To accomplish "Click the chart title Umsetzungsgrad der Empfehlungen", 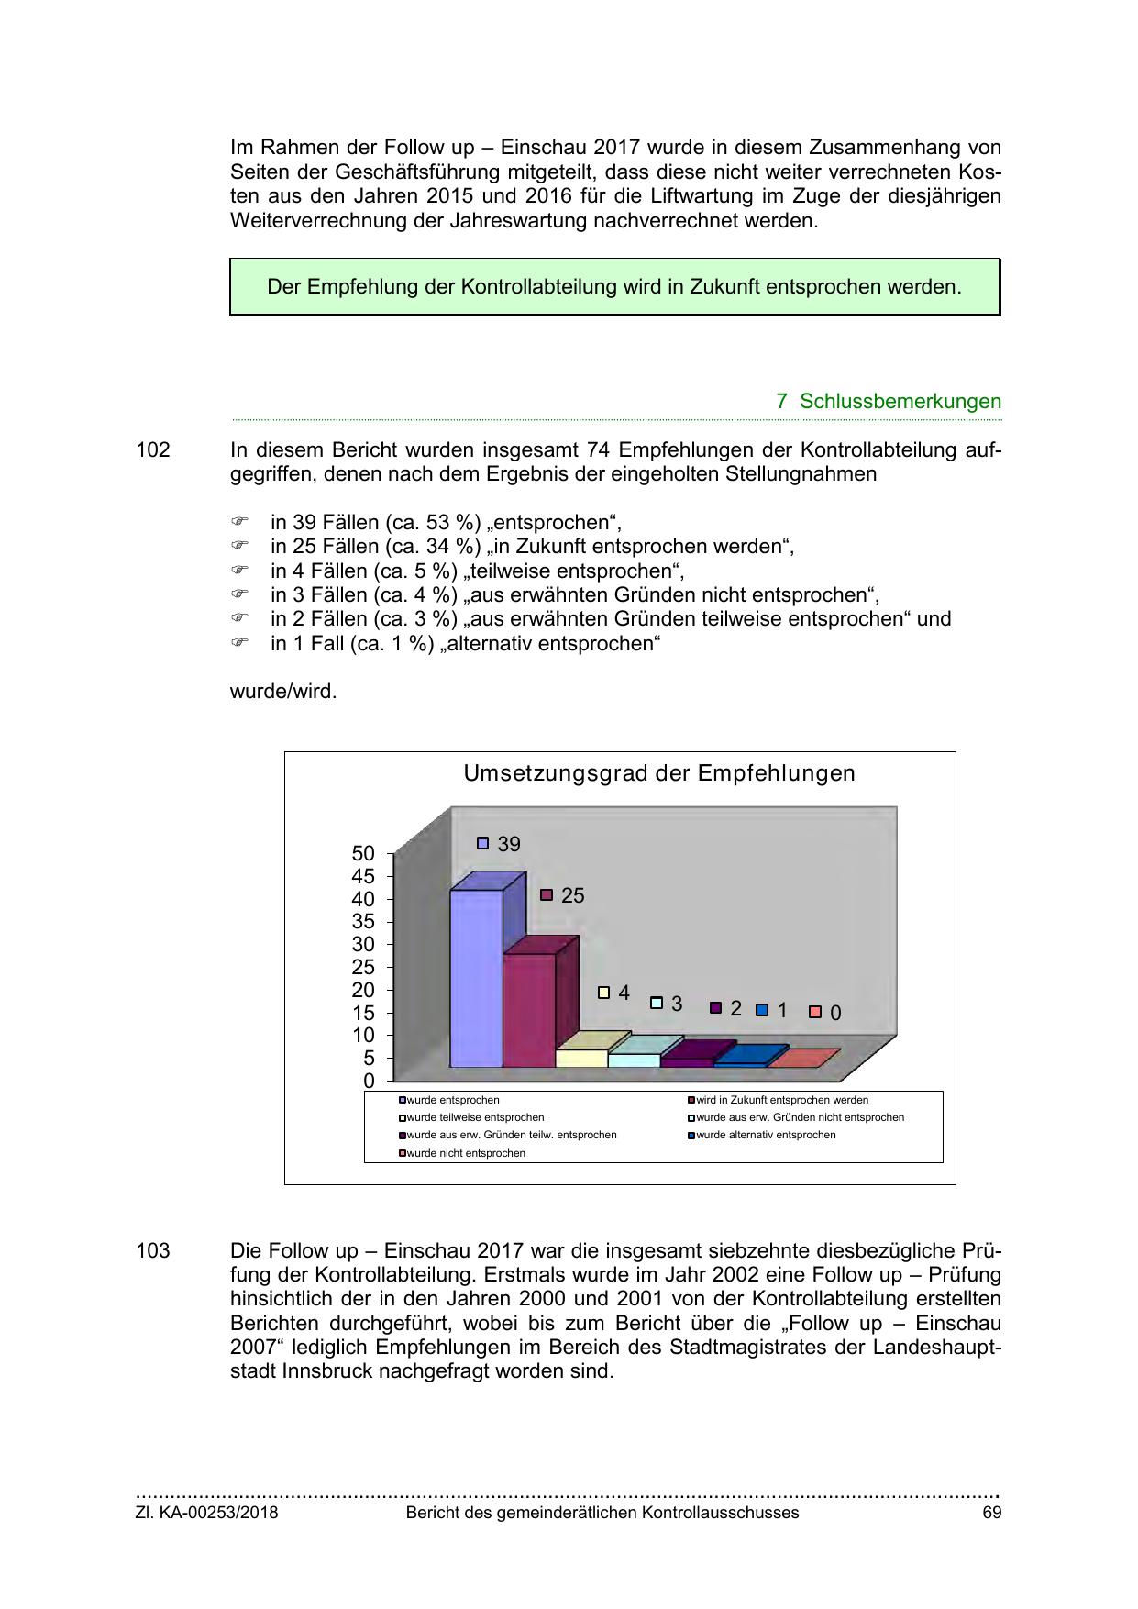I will click(x=658, y=773).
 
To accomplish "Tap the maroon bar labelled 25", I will click(x=529, y=1009).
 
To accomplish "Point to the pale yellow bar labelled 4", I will click(x=581, y=1057).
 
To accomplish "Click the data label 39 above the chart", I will click(x=508, y=844).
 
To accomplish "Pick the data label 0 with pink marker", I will click(x=834, y=1013).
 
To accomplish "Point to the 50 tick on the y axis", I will click(x=363, y=853).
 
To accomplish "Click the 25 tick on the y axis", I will click(x=363, y=967).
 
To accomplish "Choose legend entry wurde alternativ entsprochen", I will click(x=766, y=1135).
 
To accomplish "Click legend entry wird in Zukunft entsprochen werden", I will click(x=781, y=1100).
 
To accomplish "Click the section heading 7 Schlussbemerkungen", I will click(x=888, y=401).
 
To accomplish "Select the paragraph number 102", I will click(x=153, y=450).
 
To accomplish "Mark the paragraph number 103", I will click(x=153, y=1251).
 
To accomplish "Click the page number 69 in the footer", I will click(x=991, y=1513).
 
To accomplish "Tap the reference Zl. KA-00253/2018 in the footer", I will click(x=206, y=1513).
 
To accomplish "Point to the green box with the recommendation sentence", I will click(x=614, y=287).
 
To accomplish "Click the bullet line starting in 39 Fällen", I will click(x=446, y=523).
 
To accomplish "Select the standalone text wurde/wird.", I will click(x=283, y=691).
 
